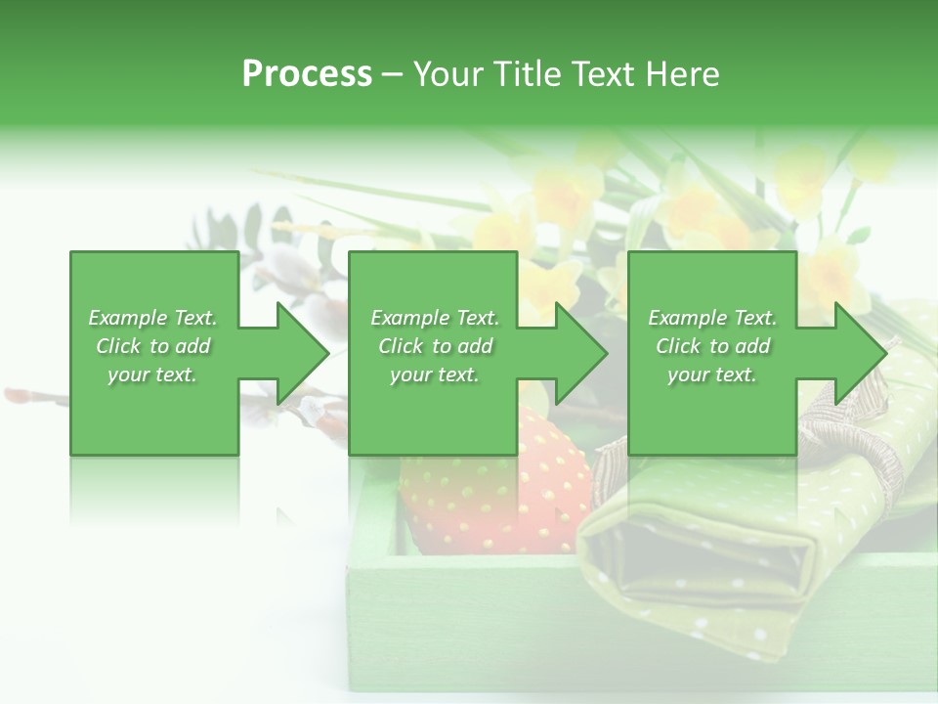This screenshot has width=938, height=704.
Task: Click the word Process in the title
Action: click(307, 73)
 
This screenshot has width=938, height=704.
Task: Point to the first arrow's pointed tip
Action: click(327, 353)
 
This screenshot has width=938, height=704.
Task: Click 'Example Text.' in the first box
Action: click(153, 318)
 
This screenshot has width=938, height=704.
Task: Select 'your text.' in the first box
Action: click(153, 374)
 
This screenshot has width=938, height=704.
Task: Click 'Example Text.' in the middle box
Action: click(435, 318)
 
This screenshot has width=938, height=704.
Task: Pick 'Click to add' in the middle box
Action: click(435, 346)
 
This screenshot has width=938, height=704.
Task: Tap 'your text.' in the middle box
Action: click(435, 374)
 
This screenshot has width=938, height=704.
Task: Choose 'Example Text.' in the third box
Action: click(712, 318)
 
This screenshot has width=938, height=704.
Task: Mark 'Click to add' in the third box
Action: click(712, 346)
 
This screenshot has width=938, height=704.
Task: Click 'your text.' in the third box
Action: click(712, 374)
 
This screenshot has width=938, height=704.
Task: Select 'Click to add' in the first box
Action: click(153, 346)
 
